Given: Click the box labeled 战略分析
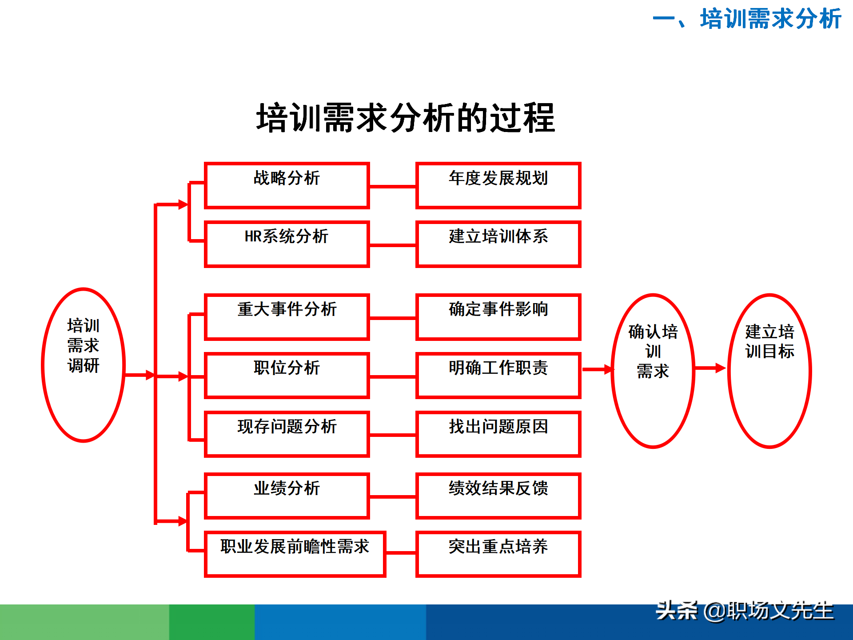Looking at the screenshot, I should coord(287,185).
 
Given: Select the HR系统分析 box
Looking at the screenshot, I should coord(287,244).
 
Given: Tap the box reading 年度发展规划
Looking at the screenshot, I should coord(498,185).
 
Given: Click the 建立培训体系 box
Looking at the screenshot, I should coord(498,244).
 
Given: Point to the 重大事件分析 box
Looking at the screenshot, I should coord(287,317).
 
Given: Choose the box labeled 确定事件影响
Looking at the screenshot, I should coord(498,317).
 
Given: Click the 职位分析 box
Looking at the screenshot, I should coord(287,376).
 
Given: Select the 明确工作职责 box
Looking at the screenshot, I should coord(498,376).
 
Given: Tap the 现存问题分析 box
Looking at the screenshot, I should coord(287,434).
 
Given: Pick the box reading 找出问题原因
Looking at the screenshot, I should coord(498,434).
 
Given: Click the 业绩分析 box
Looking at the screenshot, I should coord(287,496).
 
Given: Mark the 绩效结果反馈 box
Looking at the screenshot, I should coord(498,496).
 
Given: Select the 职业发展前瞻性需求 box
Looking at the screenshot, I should coord(295,554).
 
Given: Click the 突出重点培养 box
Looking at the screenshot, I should coord(498,554).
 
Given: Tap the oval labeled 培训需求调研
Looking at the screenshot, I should coord(83,365).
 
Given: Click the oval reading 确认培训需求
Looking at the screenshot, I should coord(653,370).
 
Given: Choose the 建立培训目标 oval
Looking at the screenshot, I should coord(769,370).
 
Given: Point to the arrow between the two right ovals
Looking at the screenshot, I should coord(710,368).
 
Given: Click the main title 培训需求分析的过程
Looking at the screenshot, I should coord(405,118).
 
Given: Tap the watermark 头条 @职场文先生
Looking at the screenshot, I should coord(745,611).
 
